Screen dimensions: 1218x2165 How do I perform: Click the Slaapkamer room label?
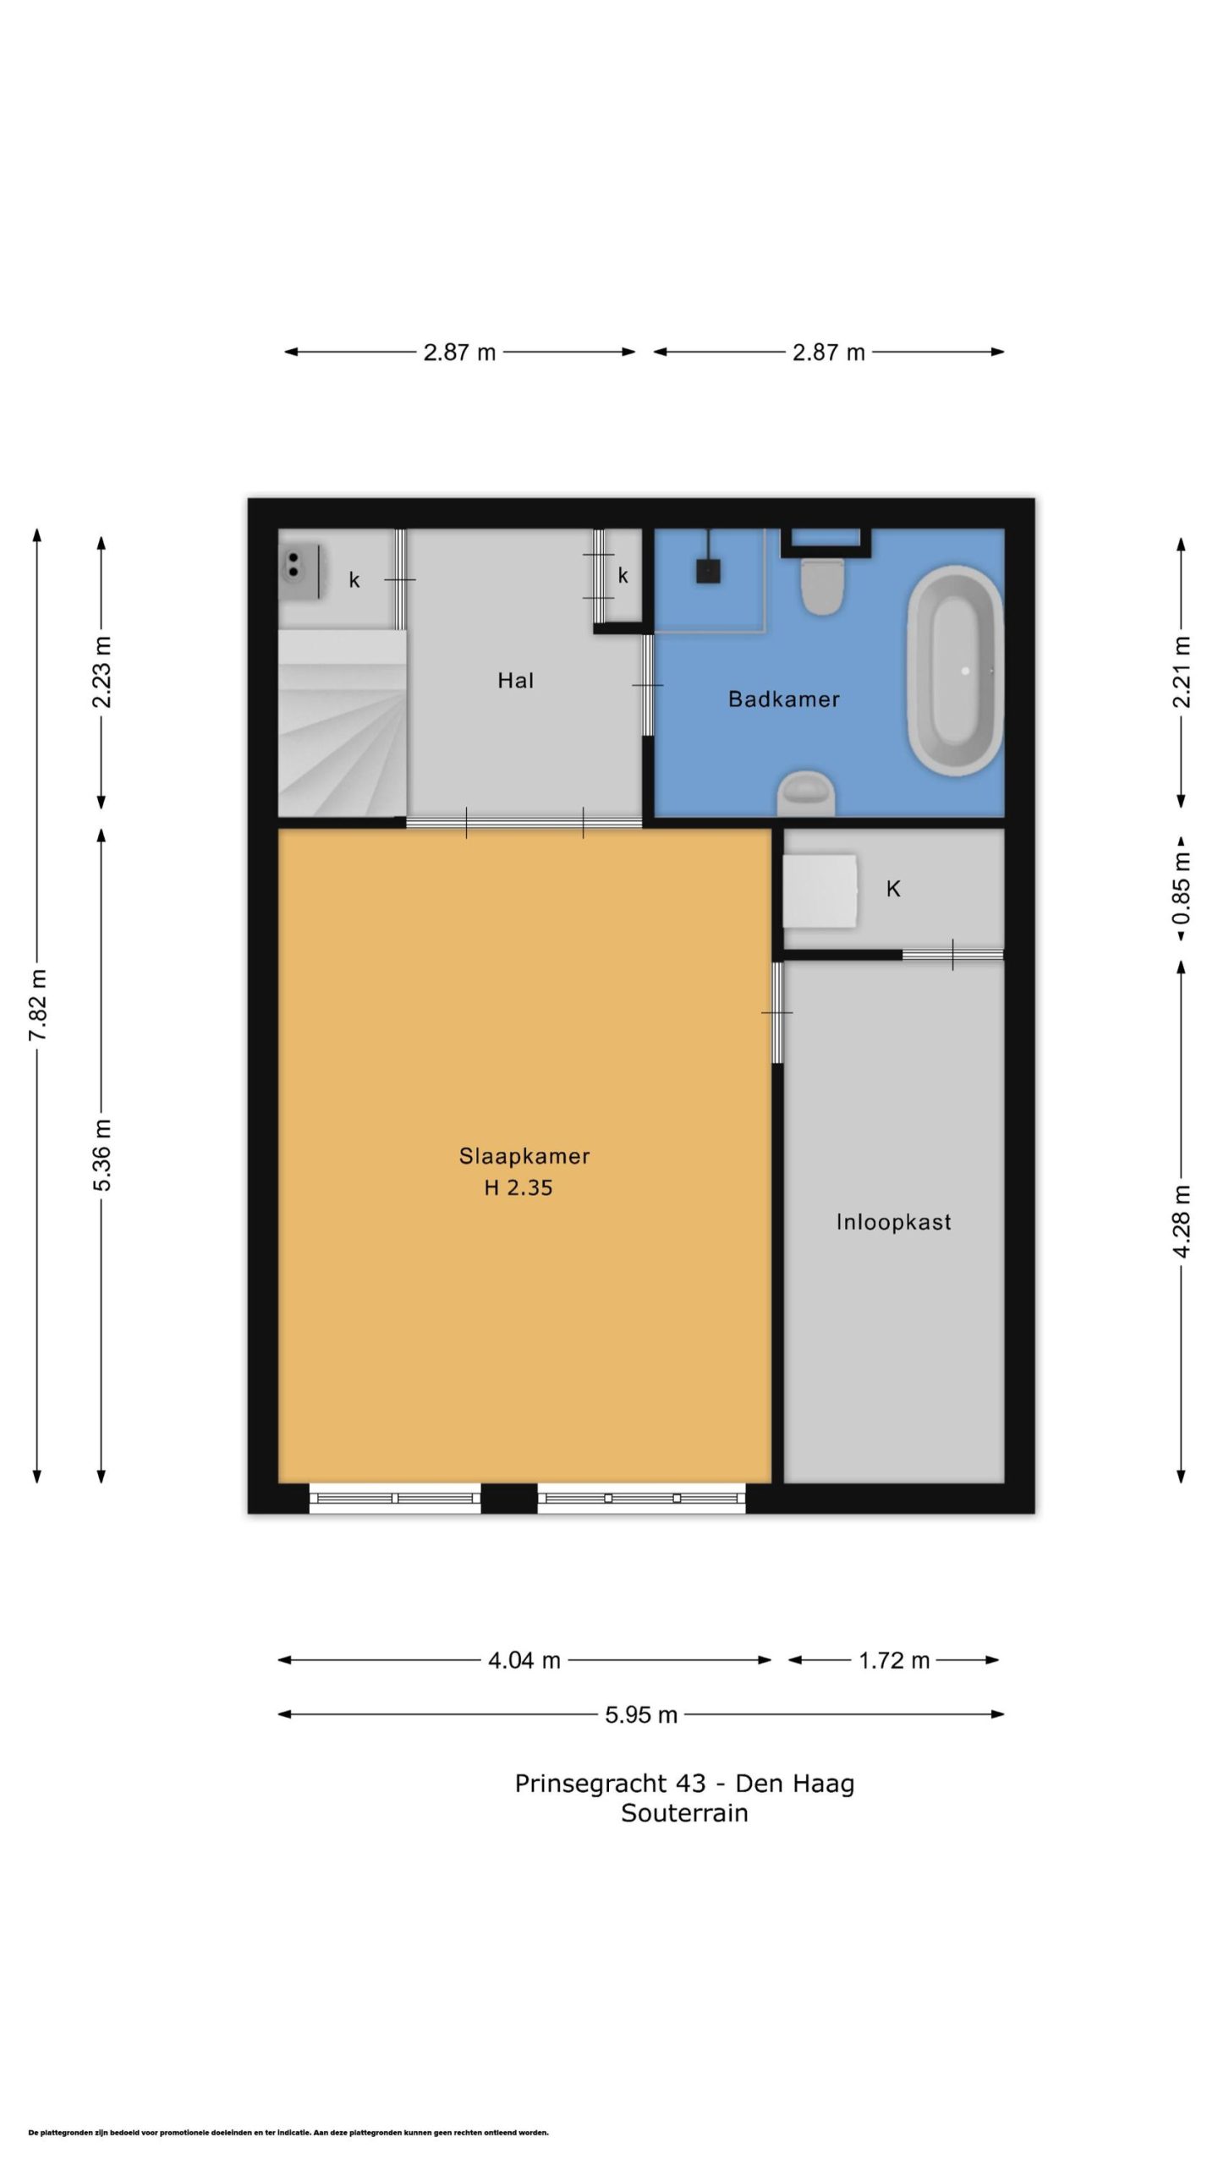coord(524,1155)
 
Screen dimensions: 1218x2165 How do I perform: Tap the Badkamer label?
coord(783,699)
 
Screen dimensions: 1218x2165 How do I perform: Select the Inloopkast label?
coord(893,1222)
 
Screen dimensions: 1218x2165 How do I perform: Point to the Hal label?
coord(515,681)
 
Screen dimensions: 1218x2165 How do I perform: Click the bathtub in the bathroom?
coord(955,671)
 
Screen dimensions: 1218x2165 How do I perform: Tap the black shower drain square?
coord(709,572)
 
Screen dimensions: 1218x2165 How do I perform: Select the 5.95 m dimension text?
coord(641,1714)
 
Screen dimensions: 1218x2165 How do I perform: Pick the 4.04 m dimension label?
coord(524,1660)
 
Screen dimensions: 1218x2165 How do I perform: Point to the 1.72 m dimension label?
coord(894,1660)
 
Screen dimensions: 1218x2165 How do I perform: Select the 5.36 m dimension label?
coord(102,1154)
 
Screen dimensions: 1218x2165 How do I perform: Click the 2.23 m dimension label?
coord(102,671)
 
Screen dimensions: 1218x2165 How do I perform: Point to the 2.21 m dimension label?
coord(1182,671)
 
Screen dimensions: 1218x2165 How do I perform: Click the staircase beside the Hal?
coord(343,723)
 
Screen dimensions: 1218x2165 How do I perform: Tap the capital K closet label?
coord(893,889)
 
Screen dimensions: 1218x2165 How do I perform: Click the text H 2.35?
coord(518,1187)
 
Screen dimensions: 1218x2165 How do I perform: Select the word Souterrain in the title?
coord(684,1813)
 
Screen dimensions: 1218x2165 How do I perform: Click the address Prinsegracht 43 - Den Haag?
coord(684,1784)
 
